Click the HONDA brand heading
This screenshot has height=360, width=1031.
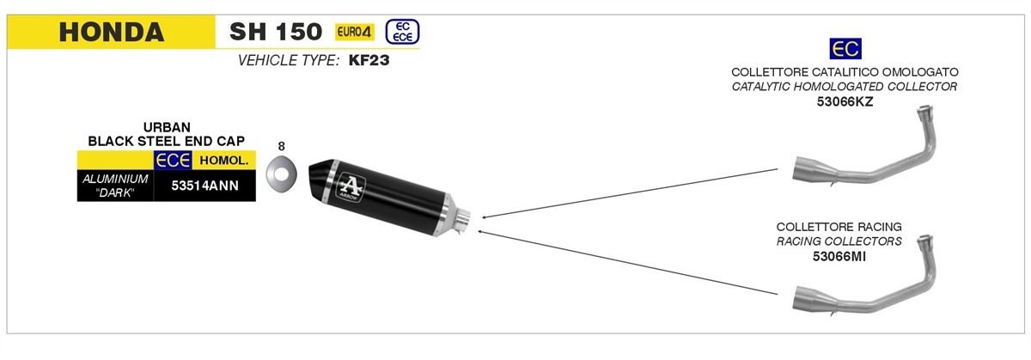(112, 32)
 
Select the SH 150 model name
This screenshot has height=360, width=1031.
(276, 32)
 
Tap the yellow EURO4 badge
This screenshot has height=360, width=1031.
(354, 32)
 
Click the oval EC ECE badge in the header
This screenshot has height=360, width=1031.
(402, 32)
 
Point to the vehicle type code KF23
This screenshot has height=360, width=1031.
(369, 60)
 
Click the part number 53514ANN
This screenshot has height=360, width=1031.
(204, 186)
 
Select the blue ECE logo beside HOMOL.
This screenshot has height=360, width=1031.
(173, 160)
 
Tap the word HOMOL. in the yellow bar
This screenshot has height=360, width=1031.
(224, 161)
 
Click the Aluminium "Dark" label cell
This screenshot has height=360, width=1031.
(115, 186)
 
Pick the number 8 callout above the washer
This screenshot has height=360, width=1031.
(281, 146)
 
